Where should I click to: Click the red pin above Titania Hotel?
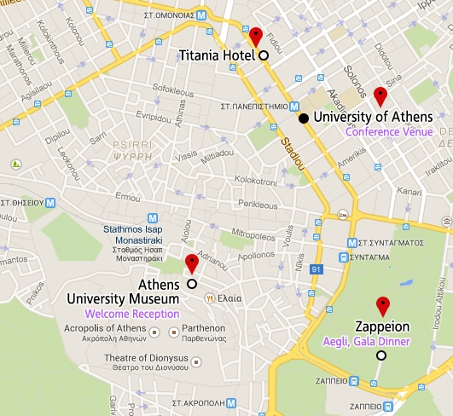pos(254,37)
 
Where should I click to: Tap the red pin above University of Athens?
pos(380,95)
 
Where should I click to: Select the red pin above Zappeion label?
pos(383,305)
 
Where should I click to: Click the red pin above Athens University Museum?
pos(191,263)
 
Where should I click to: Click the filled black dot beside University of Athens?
pos(304,117)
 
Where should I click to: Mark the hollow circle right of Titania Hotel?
pos(263,55)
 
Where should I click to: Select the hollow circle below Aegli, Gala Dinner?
pos(381,355)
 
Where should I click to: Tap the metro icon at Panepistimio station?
pos(293,107)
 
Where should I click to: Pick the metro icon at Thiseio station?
pos(50,203)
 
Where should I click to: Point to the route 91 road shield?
pos(316,270)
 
